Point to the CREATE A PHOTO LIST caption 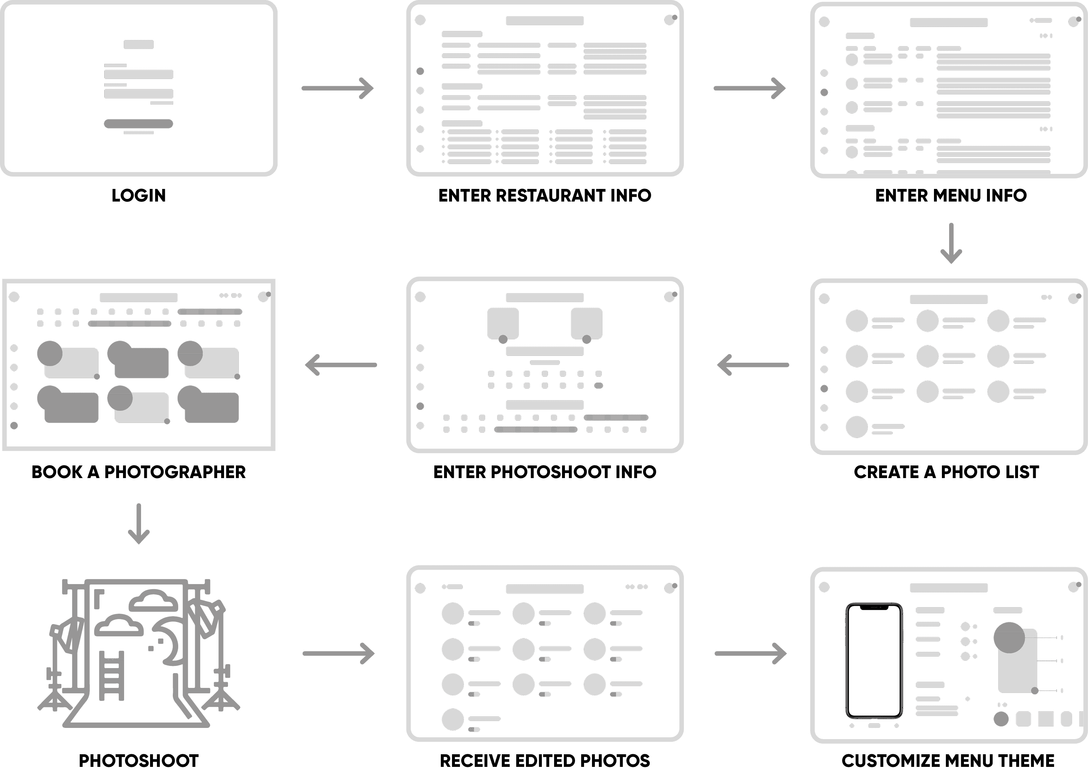[x=946, y=472]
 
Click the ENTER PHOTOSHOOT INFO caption [x=545, y=472]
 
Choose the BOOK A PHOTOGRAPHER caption [x=139, y=472]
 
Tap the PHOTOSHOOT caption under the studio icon [x=139, y=761]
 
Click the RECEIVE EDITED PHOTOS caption [x=545, y=761]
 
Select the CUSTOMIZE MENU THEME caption [x=948, y=761]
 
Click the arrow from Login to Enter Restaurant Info [x=337, y=88]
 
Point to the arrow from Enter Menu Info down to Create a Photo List [x=951, y=243]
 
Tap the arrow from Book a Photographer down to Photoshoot [x=139, y=524]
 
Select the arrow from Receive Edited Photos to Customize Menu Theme [x=750, y=654]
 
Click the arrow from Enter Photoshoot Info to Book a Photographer [x=341, y=365]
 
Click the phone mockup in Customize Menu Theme [x=874, y=661]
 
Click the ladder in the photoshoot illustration [x=111, y=676]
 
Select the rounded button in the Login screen [x=139, y=124]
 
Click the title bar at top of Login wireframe [x=139, y=45]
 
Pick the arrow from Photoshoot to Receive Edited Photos [x=338, y=654]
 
